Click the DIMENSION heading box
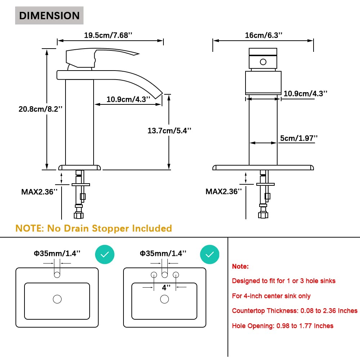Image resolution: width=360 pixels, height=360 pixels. click(49, 15)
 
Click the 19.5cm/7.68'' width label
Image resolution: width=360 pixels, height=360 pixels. click(108, 35)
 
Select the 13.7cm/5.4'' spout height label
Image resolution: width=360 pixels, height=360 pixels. click(169, 130)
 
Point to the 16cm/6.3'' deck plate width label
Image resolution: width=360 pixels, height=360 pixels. click(263, 35)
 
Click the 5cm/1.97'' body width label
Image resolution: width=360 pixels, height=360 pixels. click(299, 138)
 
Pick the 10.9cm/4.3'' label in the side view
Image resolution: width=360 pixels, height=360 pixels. click(128, 99)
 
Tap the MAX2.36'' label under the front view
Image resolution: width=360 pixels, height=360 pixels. click(40, 192)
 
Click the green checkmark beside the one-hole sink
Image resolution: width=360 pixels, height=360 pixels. click(104, 255)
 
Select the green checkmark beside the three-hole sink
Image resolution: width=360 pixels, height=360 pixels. click(210, 255)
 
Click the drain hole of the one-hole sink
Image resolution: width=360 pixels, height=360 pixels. click(57, 299)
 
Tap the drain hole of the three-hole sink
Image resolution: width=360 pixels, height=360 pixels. click(165, 299)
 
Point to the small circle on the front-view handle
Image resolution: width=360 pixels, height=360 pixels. click(263, 62)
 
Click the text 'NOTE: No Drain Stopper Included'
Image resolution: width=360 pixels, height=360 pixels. click(94, 228)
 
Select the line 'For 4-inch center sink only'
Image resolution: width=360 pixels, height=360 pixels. click(271, 296)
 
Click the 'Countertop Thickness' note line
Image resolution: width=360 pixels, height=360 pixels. click(294, 311)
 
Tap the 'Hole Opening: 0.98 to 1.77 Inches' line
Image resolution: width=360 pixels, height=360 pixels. click(283, 326)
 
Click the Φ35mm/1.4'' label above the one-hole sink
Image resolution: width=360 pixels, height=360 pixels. click(57, 253)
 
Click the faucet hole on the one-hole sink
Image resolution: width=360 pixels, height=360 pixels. click(57, 275)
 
